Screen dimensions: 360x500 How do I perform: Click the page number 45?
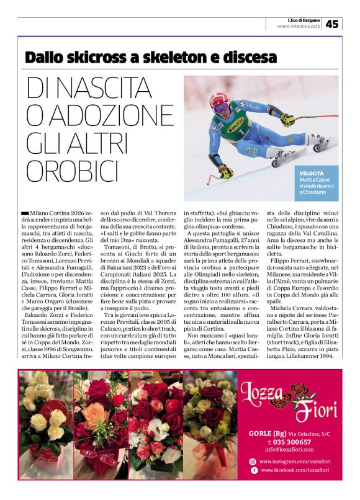pos(332,24)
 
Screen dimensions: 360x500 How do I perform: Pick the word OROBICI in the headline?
pos(72,170)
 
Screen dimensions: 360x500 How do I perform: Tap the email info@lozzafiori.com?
pos(289,449)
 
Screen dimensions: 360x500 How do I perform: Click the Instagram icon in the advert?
pos(253,462)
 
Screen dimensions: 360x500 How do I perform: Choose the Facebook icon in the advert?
pos(253,471)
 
